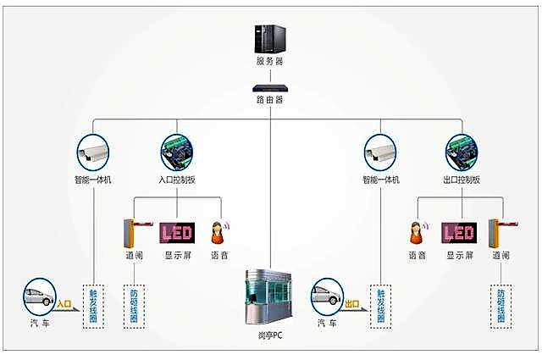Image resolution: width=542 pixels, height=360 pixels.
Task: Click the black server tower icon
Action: click(269, 39)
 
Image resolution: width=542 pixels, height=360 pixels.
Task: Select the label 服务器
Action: click(269, 63)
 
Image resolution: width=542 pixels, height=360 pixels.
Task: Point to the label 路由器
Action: click(270, 99)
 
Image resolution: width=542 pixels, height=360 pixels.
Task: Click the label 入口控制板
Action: click(176, 180)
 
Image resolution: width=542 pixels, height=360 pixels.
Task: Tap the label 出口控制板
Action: click(462, 180)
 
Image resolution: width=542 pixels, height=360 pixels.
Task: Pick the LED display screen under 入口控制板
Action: click(176, 232)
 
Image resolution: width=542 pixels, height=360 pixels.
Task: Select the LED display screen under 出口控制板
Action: click(458, 232)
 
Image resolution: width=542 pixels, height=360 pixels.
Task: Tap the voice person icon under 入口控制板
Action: click(218, 232)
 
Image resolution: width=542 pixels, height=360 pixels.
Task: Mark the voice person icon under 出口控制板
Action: click(417, 232)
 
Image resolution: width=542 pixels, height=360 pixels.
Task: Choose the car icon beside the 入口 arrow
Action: click(39, 296)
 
